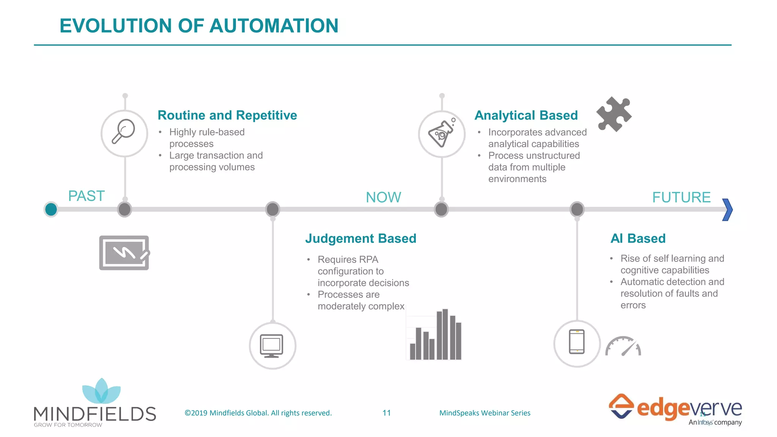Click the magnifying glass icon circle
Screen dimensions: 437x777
124,133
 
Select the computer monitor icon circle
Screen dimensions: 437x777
272,346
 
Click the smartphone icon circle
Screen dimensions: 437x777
577,343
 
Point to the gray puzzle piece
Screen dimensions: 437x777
613,114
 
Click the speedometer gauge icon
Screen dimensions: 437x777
623,346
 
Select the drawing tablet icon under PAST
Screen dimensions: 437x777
124,253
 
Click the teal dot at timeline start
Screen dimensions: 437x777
51,209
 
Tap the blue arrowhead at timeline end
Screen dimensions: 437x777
727,209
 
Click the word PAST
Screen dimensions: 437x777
86,196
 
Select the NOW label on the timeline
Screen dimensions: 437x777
383,197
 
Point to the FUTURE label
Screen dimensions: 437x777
681,197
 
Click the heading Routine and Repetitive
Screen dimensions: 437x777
227,115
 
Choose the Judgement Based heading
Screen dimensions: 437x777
360,238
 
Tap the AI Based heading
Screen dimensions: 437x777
638,238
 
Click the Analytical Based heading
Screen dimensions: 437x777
526,115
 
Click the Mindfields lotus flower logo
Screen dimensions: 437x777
101,391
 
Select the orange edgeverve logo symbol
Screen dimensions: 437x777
621,406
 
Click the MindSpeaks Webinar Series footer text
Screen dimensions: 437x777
484,413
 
